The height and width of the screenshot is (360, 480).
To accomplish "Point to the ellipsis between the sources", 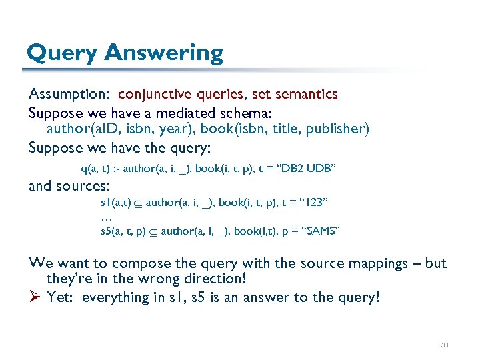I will point(105,216).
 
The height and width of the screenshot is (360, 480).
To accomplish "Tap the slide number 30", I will point(444,345).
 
